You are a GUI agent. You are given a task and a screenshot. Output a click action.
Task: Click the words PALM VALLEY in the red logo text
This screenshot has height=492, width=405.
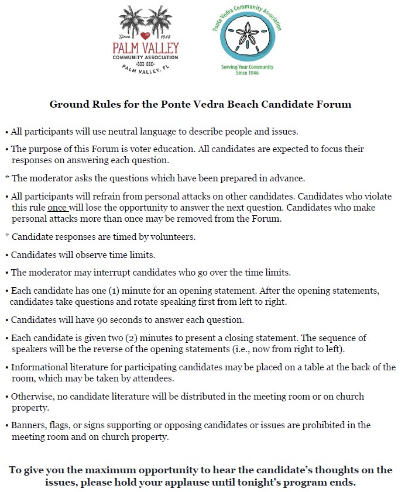[x=146, y=47]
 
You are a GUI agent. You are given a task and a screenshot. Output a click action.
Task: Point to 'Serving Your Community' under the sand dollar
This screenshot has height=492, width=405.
[x=247, y=67]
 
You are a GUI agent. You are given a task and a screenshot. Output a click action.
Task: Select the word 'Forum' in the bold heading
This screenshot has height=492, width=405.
[x=331, y=105]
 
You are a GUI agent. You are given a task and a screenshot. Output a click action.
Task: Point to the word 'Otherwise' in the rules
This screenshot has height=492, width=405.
[x=32, y=396]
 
